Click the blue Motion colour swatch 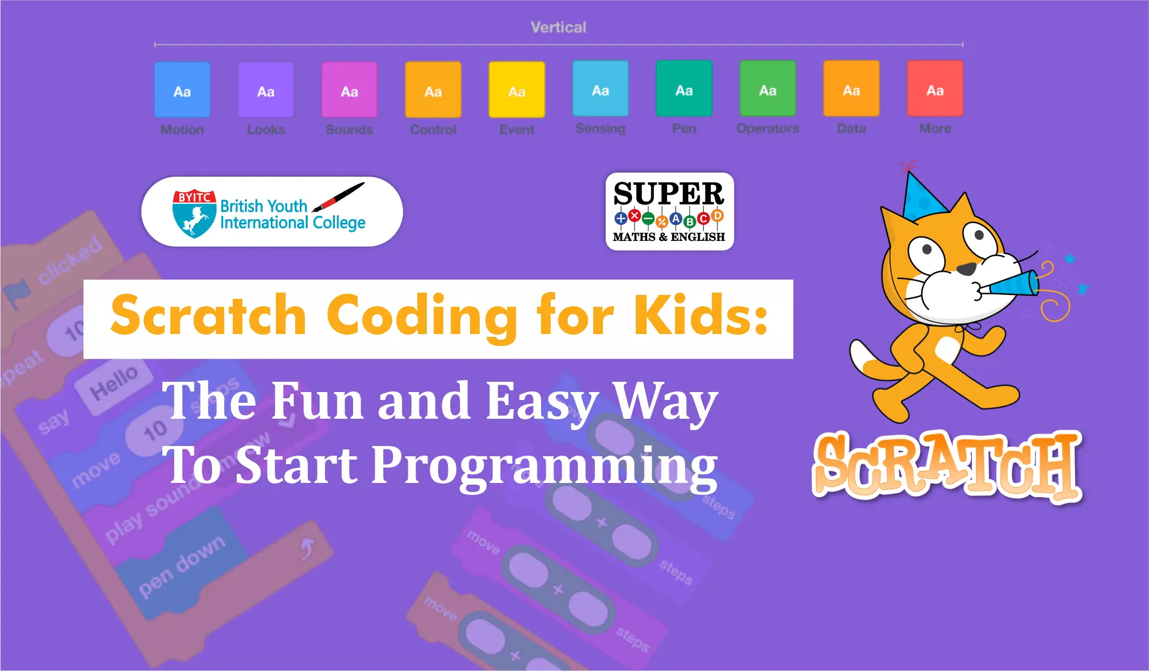pyautogui.click(x=182, y=90)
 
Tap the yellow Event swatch pyautogui.click(x=517, y=90)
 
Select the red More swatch pyautogui.click(x=935, y=89)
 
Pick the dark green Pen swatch pyautogui.click(x=684, y=89)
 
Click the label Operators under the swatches pyautogui.click(x=768, y=128)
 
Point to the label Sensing pyautogui.click(x=600, y=128)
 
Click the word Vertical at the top pyautogui.click(x=558, y=27)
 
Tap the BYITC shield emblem pyautogui.click(x=194, y=213)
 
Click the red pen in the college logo pyautogui.click(x=339, y=197)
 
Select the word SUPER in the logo pyautogui.click(x=669, y=194)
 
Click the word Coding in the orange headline pyautogui.click(x=422, y=316)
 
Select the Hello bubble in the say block pyautogui.click(x=114, y=382)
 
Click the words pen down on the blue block pyautogui.click(x=182, y=566)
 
